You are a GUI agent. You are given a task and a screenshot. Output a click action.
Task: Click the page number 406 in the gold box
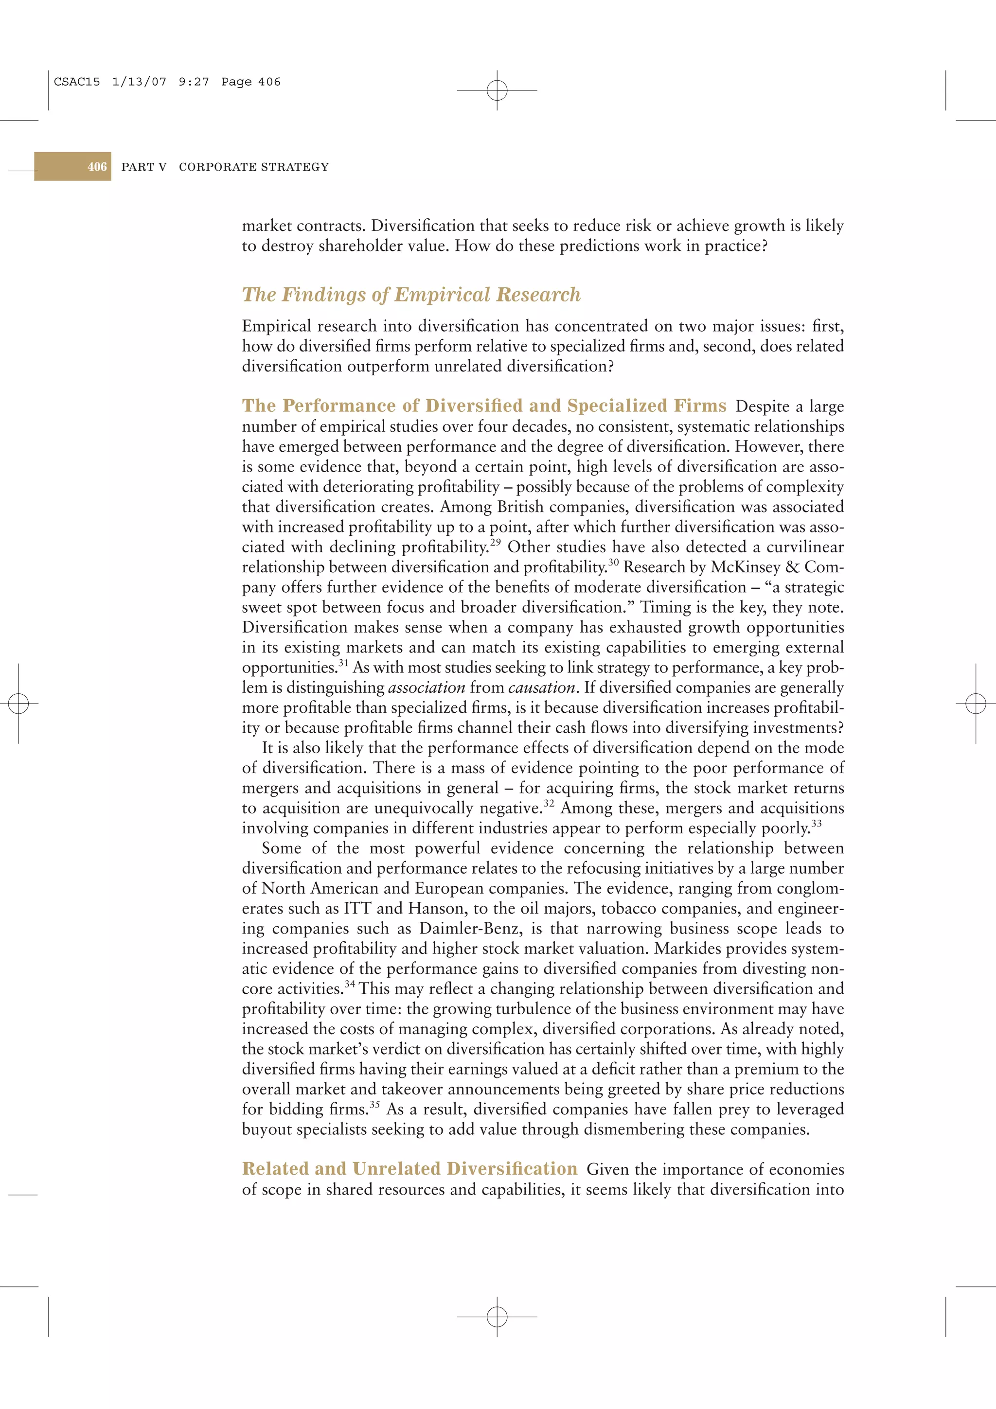(x=97, y=167)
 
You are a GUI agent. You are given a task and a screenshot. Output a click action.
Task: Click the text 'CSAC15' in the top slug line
(x=77, y=82)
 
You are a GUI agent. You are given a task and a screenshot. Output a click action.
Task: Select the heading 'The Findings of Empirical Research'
(x=410, y=295)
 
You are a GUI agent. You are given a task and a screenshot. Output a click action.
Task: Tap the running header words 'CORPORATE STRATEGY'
(x=253, y=167)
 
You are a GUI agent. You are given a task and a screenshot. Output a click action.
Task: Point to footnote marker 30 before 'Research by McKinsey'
(x=613, y=562)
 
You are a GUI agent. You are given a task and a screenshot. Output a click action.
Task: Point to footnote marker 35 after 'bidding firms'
(x=374, y=1105)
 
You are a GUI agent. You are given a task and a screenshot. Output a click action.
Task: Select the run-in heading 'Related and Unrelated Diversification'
(x=409, y=1168)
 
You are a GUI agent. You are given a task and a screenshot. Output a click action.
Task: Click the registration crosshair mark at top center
(x=497, y=90)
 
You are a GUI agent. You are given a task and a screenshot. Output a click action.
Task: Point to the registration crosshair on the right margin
(x=975, y=703)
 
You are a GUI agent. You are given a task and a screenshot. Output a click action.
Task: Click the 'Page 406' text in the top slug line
(x=250, y=82)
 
